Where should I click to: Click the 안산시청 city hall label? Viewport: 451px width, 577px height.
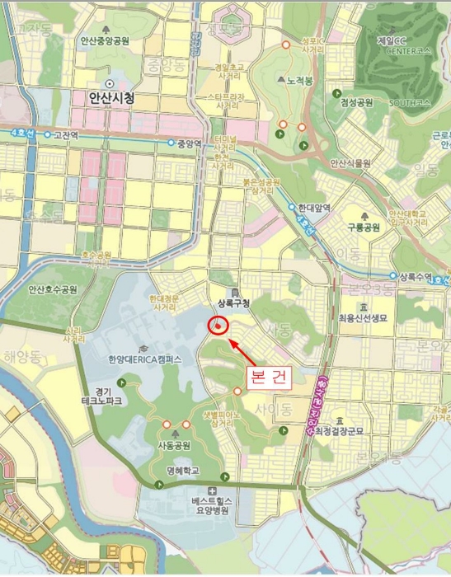pyautogui.click(x=110, y=98)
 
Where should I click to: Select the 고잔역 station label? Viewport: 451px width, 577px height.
pyautogui.click(x=65, y=134)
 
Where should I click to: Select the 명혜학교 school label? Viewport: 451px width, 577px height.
pyautogui.click(x=181, y=471)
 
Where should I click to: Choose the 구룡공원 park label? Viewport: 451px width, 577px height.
pyautogui.click(x=362, y=227)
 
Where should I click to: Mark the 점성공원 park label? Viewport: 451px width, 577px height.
pyautogui.click(x=356, y=102)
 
